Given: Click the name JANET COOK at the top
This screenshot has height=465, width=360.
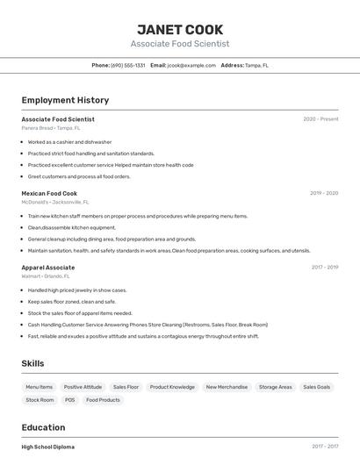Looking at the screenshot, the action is click(180, 29).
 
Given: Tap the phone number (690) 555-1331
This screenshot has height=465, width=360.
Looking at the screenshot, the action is click(127, 65).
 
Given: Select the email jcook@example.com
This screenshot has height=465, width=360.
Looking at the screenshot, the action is click(191, 65).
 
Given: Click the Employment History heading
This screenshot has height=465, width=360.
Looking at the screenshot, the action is click(65, 100).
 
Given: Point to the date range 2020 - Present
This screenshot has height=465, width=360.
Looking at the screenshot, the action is click(320, 119).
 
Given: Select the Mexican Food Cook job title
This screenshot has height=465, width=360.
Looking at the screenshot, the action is click(49, 193).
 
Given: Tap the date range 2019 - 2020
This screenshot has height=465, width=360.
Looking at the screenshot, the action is click(324, 193).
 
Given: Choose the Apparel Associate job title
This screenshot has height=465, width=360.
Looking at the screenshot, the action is click(48, 268).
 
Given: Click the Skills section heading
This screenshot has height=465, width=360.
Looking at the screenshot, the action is click(32, 363).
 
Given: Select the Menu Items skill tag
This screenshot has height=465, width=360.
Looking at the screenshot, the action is click(39, 387).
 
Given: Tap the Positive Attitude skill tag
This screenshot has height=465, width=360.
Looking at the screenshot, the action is click(83, 387).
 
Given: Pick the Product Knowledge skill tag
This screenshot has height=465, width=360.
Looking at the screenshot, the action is click(172, 387).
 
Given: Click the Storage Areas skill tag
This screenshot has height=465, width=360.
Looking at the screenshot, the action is click(275, 387).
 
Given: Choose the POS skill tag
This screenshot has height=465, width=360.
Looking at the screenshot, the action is click(69, 400).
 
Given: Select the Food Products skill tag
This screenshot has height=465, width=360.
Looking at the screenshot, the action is click(103, 400).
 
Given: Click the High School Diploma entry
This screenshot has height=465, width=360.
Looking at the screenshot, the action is click(48, 447).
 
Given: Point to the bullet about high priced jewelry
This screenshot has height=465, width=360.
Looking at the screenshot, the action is click(77, 290).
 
